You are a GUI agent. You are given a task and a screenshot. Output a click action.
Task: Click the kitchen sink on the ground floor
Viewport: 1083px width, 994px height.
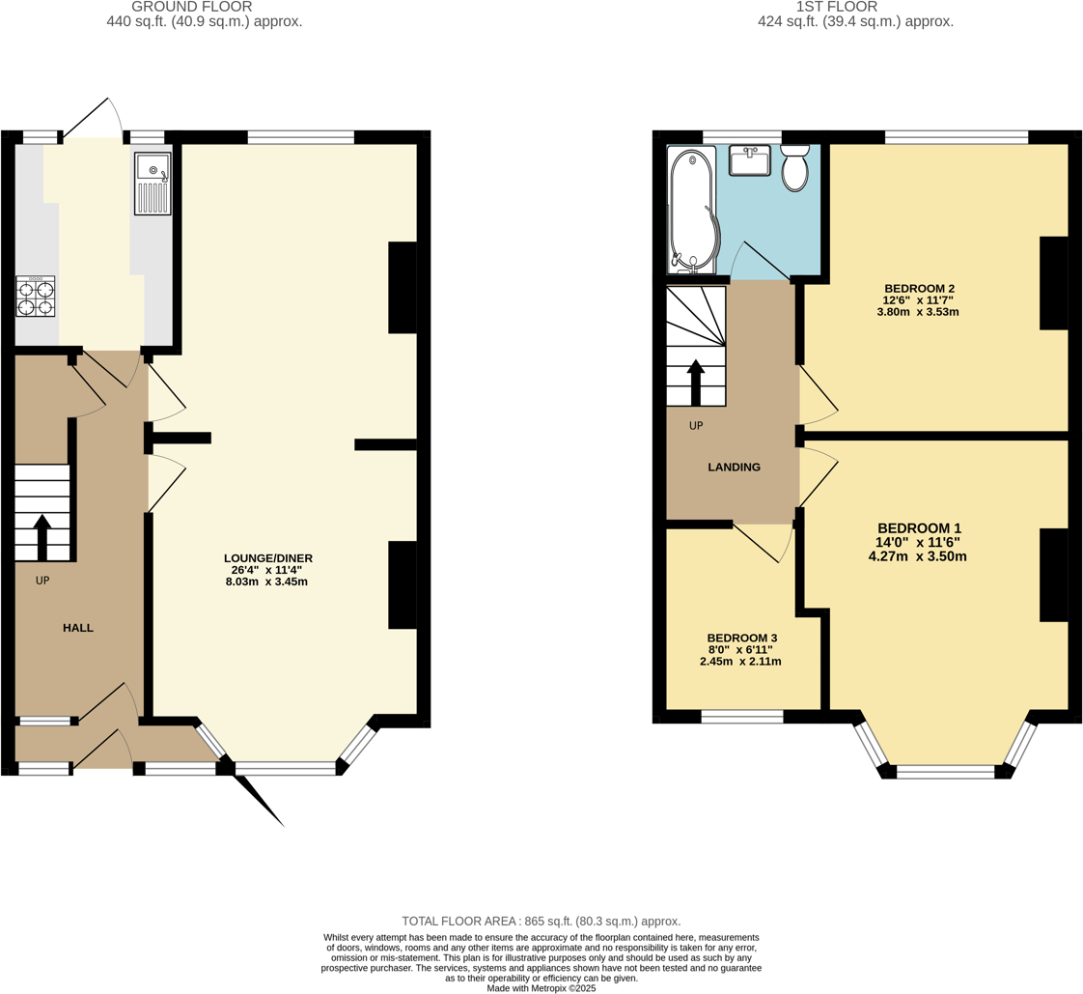pyautogui.click(x=153, y=184)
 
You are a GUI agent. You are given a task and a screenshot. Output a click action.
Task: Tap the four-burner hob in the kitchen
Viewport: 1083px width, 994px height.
pyautogui.click(x=35, y=297)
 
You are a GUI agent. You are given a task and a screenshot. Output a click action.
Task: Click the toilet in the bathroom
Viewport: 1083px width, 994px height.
pyautogui.click(x=794, y=169)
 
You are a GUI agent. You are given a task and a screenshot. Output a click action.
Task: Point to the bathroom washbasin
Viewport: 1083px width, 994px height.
pyautogui.click(x=749, y=160)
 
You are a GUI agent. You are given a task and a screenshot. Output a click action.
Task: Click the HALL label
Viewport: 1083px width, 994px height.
pyautogui.click(x=78, y=628)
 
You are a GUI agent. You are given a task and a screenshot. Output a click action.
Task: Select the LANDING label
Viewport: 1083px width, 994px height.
pyautogui.click(x=734, y=468)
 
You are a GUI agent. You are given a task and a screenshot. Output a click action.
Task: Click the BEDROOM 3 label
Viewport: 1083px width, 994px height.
pyautogui.click(x=741, y=639)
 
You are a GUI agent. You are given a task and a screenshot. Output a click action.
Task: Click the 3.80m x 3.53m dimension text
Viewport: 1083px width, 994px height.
pyautogui.click(x=917, y=312)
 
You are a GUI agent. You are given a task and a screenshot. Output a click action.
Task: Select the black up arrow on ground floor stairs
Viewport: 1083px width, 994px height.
pyautogui.click(x=42, y=536)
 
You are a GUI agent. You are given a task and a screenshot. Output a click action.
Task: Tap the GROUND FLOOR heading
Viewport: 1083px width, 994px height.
pyautogui.click(x=191, y=7)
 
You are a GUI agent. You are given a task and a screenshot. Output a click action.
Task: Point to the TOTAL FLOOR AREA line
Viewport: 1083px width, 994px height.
pyautogui.click(x=541, y=922)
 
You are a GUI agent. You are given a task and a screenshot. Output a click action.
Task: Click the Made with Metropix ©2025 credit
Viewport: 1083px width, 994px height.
pyautogui.click(x=541, y=988)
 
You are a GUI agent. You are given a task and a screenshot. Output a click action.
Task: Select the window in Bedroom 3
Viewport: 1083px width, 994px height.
pyautogui.click(x=741, y=716)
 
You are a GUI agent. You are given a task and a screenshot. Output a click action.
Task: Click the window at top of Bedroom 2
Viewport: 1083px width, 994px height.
pyautogui.click(x=956, y=137)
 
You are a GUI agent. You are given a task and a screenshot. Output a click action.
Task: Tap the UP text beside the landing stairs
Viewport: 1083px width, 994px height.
pyautogui.click(x=696, y=426)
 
